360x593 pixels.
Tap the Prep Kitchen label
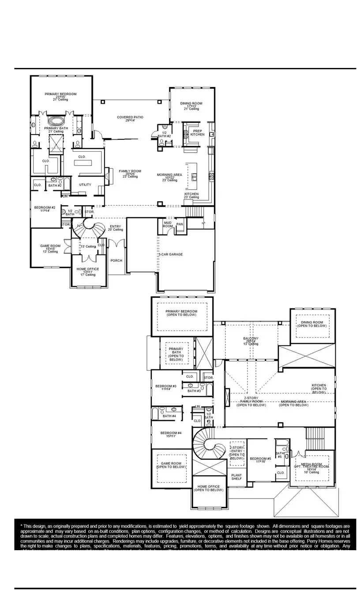[197, 132]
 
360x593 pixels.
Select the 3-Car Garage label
[170, 255]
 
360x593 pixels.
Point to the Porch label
[116, 261]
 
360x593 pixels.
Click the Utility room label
[85, 184]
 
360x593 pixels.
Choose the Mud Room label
[168, 225]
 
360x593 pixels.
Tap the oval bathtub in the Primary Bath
[56, 120]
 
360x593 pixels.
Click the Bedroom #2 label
[45, 209]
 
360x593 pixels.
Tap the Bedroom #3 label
[166, 388]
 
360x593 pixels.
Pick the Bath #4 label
[169, 416]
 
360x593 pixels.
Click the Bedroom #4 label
[171, 435]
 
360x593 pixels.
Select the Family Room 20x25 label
[130, 173]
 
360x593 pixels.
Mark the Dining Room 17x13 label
[191, 105]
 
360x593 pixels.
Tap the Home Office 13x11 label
[88, 270]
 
